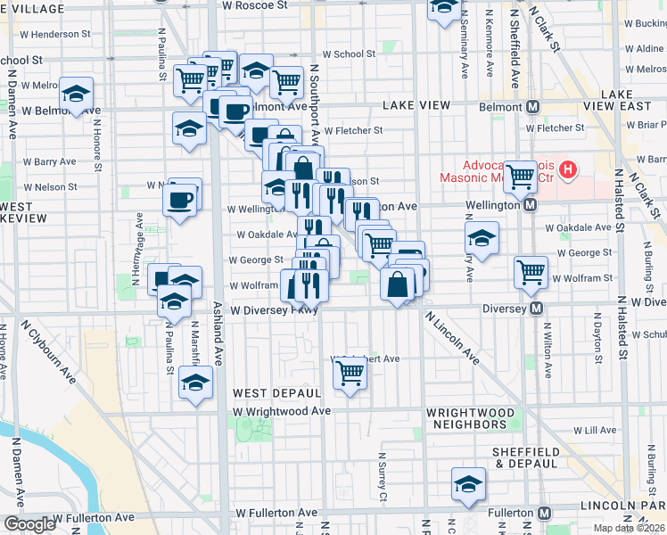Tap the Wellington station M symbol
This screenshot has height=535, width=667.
coord(530,205)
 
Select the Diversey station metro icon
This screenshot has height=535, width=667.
coord(536,308)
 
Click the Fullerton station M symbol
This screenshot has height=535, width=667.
coord(545,514)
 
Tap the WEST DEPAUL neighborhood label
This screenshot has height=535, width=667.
coord(276,393)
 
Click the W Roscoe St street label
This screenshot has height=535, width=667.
coord(255,5)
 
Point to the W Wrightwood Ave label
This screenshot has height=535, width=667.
coord(282,411)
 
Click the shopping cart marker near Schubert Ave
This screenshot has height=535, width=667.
coord(350,374)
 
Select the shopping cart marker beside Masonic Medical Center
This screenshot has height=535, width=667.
coord(520,175)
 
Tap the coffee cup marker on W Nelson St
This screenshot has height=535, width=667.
coord(180,198)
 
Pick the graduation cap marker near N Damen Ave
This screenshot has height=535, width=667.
coord(77,94)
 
